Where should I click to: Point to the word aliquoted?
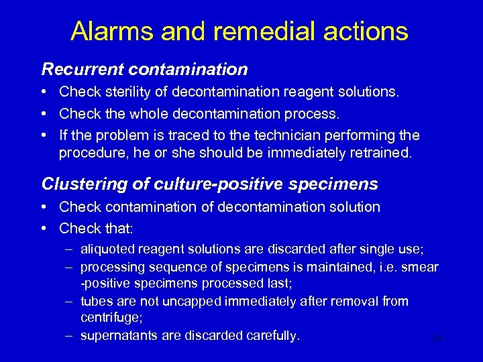coord(108,249)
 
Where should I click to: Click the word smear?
coord(419,267)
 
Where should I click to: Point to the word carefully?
coord(270,336)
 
